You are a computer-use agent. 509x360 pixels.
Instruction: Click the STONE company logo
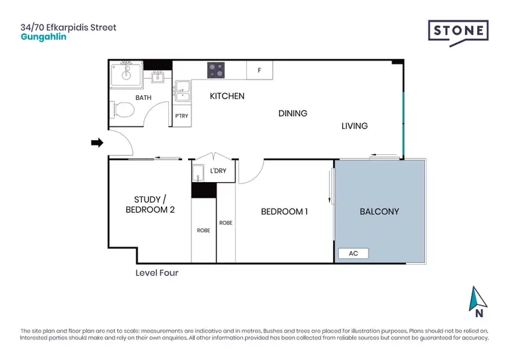457,33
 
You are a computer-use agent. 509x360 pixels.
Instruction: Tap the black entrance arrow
97,143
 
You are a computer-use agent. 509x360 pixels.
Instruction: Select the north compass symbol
479,302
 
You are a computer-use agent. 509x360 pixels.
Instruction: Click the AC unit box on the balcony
353,253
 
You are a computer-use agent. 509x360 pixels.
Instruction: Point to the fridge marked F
259,70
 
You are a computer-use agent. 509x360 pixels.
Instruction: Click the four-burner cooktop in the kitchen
216,70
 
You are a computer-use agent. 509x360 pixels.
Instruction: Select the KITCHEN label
227,96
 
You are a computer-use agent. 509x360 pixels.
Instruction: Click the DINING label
293,113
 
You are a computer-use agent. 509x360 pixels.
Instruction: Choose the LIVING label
354,126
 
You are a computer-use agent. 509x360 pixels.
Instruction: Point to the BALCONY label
379,211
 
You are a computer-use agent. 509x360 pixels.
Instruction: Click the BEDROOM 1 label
284,211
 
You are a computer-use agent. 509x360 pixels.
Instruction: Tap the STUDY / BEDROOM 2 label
150,204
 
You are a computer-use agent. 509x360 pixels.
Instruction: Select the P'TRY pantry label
181,116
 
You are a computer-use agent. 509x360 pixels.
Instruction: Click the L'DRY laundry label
219,170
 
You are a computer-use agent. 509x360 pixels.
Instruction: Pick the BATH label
143,98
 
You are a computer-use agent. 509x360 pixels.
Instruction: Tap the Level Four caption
157,272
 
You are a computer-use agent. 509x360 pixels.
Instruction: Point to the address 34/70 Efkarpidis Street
69,27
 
